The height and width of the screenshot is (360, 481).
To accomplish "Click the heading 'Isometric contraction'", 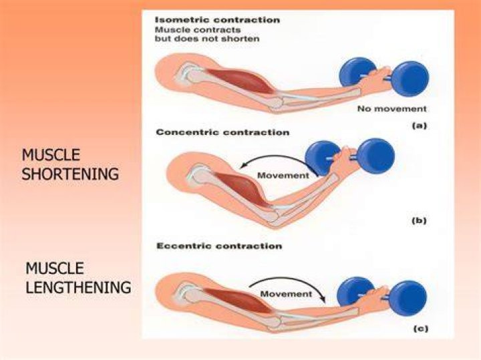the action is tap(218, 20).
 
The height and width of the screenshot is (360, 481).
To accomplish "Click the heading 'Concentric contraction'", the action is tap(222, 132).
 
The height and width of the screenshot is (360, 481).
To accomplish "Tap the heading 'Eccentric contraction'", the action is tap(219, 246).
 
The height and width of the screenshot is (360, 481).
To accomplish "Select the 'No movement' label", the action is tap(392, 109).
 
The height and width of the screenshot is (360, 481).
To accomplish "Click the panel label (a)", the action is tap(419, 126).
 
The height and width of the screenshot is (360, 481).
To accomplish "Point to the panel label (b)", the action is tap(419, 220).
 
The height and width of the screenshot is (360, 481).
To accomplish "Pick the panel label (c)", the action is tap(420, 329).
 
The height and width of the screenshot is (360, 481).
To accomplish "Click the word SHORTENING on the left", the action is tap(70, 174).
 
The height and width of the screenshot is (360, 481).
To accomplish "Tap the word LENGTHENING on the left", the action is tap(78, 287).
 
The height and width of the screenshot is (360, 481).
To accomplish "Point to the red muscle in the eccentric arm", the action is tap(239, 300).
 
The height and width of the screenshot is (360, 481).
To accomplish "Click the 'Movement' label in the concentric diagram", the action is tap(283, 176).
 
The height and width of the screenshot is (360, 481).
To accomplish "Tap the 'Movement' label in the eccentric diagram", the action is tap(286, 294).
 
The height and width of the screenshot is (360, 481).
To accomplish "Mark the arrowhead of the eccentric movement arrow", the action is tap(323, 299).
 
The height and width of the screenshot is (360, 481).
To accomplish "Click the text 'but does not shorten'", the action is tap(207, 39).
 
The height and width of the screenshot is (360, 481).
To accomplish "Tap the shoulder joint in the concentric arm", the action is tap(199, 174).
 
